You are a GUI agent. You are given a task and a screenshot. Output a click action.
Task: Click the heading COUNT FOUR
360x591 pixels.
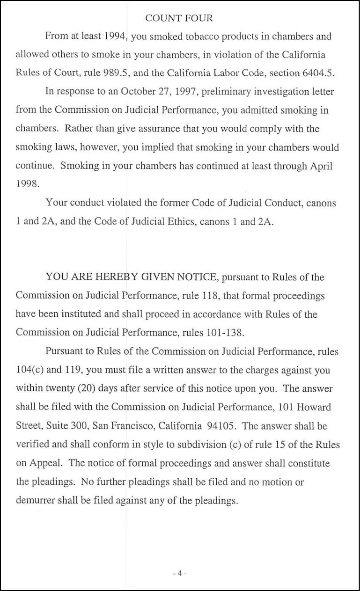point(179,18)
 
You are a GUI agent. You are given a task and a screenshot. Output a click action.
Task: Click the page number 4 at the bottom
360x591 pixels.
point(179,573)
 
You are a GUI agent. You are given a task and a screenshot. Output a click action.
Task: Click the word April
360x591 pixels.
point(322,166)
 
